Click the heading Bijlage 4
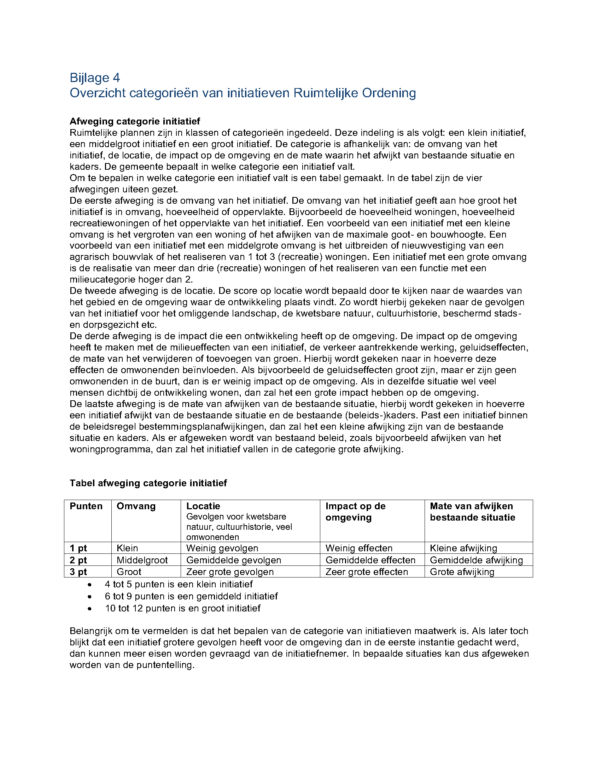(x=95, y=78)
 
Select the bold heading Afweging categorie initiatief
(x=135, y=121)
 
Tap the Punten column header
(x=86, y=506)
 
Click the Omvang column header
(x=136, y=506)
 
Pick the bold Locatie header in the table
(x=203, y=506)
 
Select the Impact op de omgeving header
(x=355, y=512)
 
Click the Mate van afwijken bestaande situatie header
(x=472, y=512)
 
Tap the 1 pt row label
(x=78, y=548)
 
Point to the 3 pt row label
(x=78, y=572)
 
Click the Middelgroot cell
(x=142, y=560)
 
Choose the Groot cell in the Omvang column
(x=129, y=572)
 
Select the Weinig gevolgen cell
(x=222, y=548)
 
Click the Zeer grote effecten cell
(x=367, y=572)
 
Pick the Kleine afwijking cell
(x=463, y=548)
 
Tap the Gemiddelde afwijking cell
(x=477, y=560)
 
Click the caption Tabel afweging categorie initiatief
(x=148, y=483)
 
